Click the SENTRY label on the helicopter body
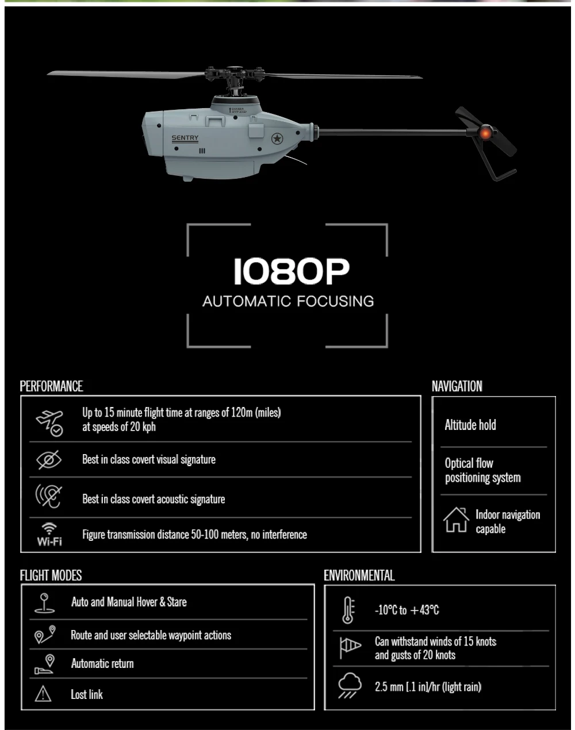(x=185, y=138)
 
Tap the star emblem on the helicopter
(x=278, y=139)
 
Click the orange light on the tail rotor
(x=484, y=133)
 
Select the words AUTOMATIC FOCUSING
(x=288, y=301)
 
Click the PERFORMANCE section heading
(x=51, y=386)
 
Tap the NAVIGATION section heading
(x=457, y=386)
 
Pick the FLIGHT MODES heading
(x=51, y=575)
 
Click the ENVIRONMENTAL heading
(x=359, y=575)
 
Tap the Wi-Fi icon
(x=49, y=535)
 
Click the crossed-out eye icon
(x=49, y=460)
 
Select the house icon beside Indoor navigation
(x=455, y=520)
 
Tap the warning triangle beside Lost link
(x=43, y=694)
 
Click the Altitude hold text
(x=470, y=425)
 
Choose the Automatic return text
(x=102, y=664)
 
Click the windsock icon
(x=350, y=648)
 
